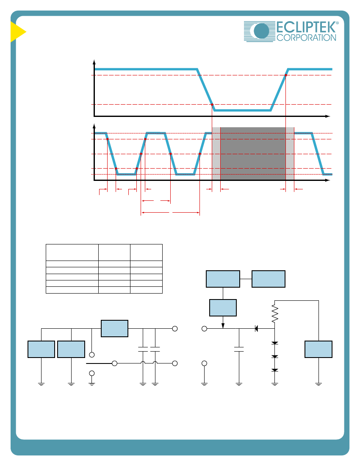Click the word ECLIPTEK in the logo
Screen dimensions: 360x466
[x=306, y=27]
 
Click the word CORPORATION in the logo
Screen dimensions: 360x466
[x=306, y=38]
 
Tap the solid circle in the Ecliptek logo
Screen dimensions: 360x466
[x=261, y=31]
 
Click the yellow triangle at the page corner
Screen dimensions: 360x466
[x=18, y=32]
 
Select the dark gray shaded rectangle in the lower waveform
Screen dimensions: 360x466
[x=253, y=154]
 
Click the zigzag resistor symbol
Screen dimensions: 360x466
[x=275, y=313]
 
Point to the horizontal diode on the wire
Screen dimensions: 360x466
[x=256, y=328]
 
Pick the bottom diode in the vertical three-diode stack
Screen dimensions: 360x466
[x=275, y=370]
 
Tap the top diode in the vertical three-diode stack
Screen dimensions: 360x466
[x=275, y=343]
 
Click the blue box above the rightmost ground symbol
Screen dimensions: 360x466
[x=318, y=349]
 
